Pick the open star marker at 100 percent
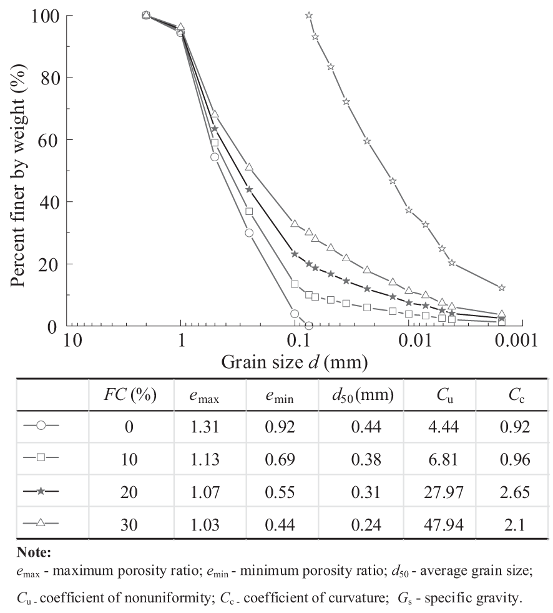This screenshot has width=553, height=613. [x=309, y=15]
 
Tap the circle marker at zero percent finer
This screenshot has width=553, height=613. [x=308, y=326]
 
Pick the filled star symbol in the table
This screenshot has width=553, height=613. [x=41, y=492]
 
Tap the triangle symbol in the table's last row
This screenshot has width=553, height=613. [x=41, y=524]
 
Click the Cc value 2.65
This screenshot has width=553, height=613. [x=515, y=492]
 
